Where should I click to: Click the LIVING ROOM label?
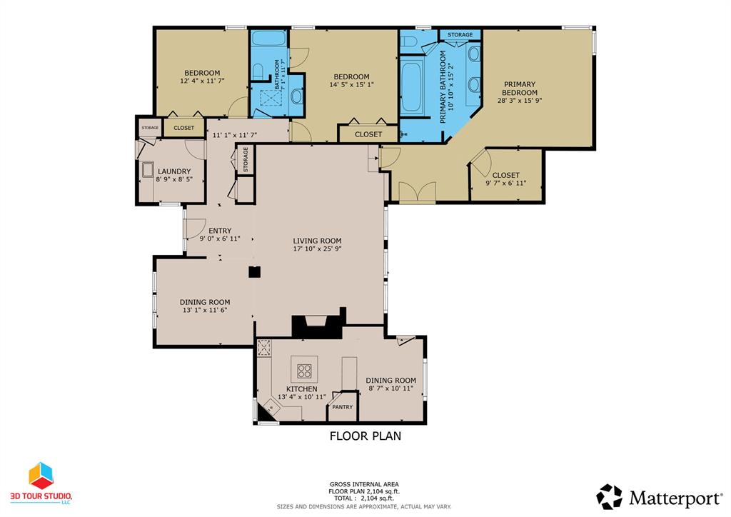point(317,241)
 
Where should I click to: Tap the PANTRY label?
point(342,407)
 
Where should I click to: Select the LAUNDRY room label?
point(174,171)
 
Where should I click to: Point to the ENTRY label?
point(220,231)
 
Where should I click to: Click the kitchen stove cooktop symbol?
point(304,371)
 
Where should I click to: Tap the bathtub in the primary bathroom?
point(411,86)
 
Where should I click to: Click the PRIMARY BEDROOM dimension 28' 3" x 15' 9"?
point(520,100)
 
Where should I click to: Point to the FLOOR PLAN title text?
point(365,436)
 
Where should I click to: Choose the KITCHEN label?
point(302,388)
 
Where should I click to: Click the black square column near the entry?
point(254,272)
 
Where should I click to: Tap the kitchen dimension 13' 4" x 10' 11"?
point(302,397)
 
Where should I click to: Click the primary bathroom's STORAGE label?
point(460,35)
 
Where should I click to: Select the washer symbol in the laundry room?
point(148,171)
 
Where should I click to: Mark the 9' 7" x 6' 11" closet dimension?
point(506,184)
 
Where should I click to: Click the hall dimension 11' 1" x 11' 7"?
point(235,136)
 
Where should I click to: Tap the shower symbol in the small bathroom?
point(271,98)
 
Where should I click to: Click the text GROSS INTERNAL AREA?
point(364,484)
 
